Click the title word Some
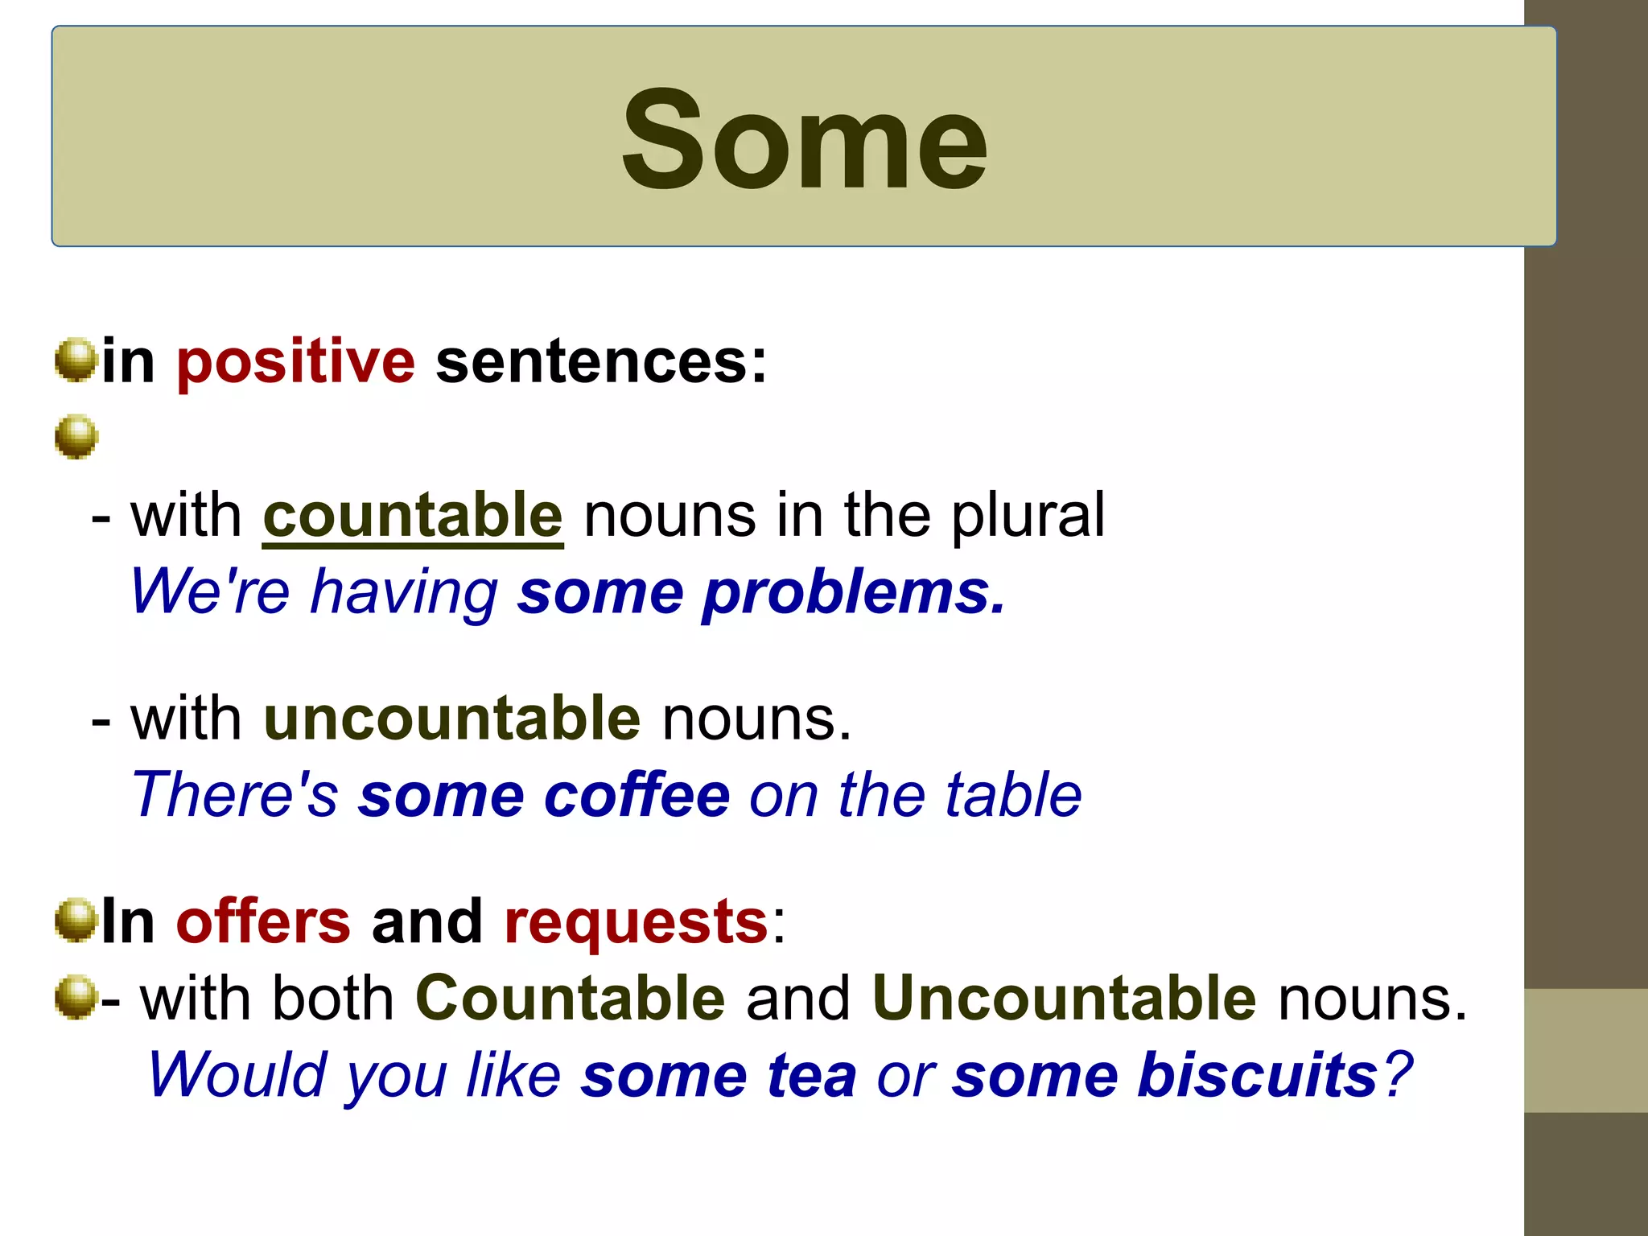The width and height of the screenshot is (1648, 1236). [804, 140]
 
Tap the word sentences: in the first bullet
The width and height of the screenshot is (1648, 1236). [601, 361]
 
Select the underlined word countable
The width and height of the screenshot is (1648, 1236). [413, 516]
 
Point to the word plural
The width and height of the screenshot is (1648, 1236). [1028, 516]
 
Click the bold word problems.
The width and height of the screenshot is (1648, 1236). [854, 593]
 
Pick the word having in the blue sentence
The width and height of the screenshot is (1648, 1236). [404, 593]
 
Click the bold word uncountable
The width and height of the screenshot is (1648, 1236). [451, 719]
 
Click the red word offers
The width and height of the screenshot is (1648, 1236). [263, 921]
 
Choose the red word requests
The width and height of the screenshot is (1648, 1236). [636, 923]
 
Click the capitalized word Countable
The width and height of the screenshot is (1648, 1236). [571, 999]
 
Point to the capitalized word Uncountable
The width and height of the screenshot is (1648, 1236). [1064, 999]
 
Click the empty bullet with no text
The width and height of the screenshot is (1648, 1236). [76, 437]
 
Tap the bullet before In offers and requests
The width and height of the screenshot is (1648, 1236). [76, 920]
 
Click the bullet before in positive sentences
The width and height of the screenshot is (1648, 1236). [76, 360]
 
